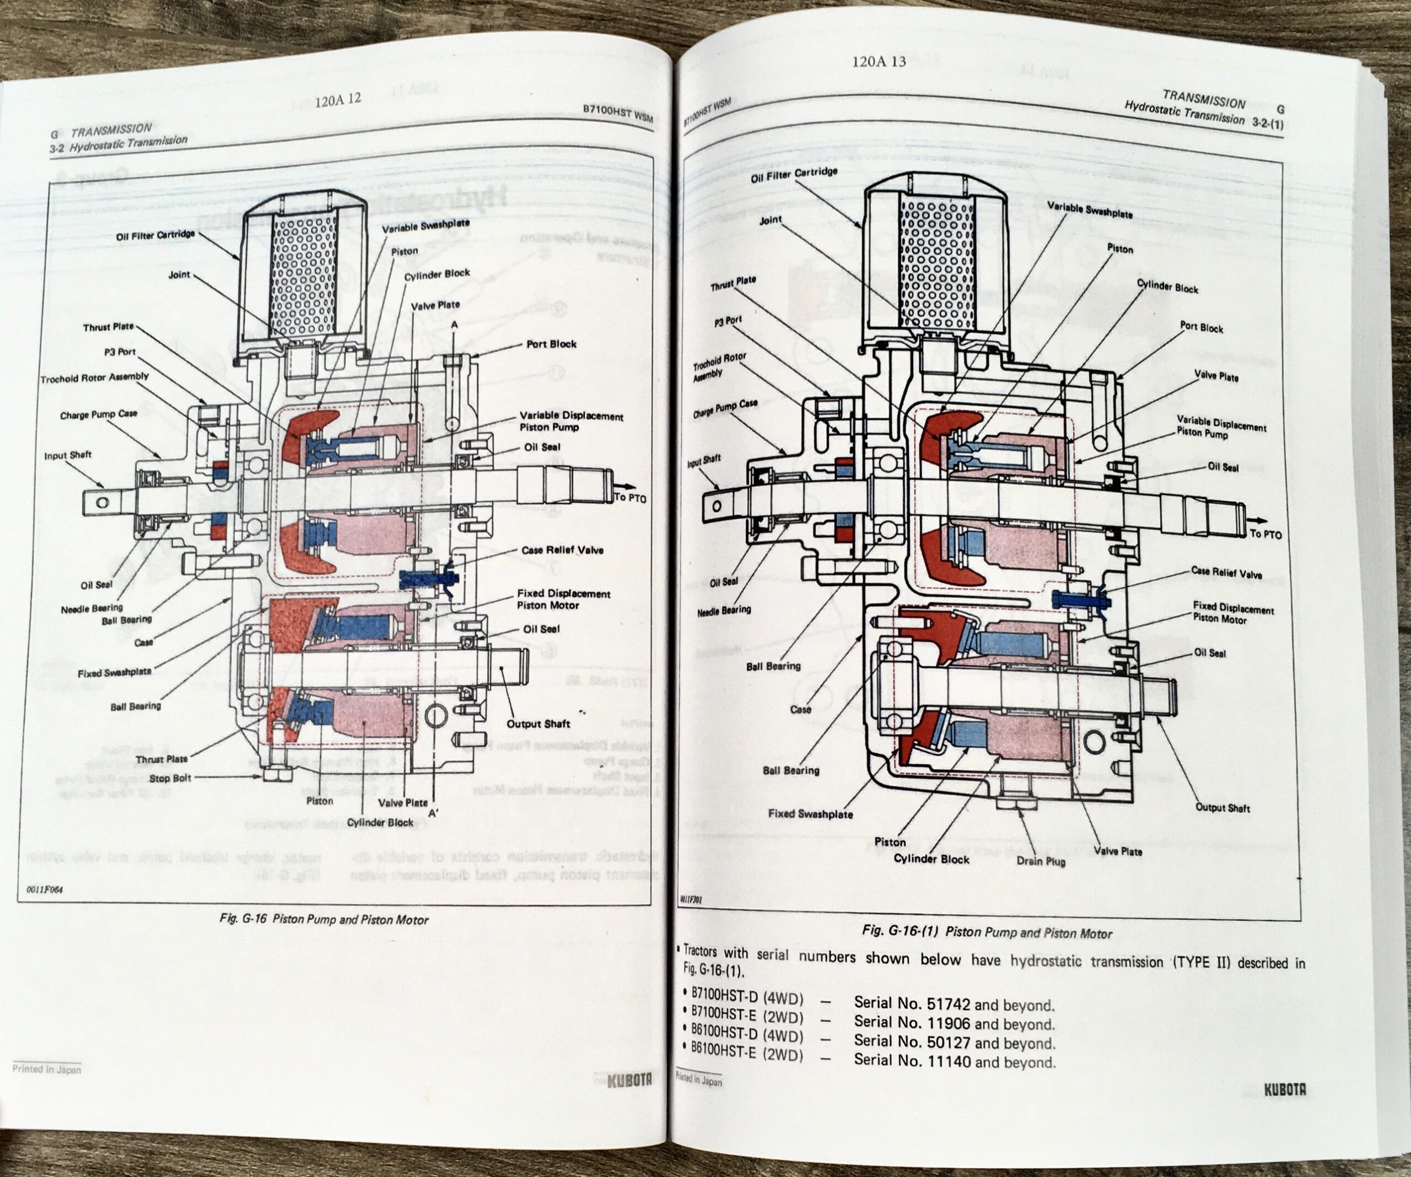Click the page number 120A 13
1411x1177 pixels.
878,62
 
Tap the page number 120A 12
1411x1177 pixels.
338,99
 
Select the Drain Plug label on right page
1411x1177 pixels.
1040,861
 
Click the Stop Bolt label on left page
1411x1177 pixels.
170,778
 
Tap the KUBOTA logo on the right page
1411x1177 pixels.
1285,1090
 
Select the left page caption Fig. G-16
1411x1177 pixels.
324,920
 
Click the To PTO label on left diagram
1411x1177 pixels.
629,499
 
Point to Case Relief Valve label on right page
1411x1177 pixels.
1226,573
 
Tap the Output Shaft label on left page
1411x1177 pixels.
538,724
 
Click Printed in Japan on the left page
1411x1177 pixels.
46,1070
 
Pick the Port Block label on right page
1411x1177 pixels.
1202,328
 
